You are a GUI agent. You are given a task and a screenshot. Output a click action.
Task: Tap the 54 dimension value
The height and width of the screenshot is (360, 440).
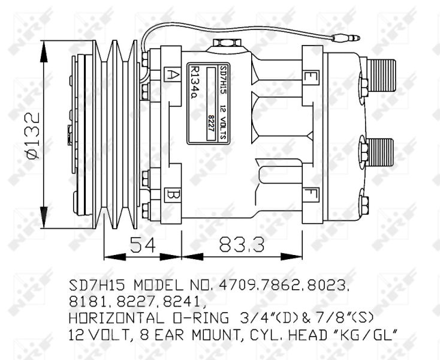click(143, 244)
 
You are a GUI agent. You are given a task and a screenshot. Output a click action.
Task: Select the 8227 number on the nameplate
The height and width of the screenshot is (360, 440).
click(210, 123)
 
